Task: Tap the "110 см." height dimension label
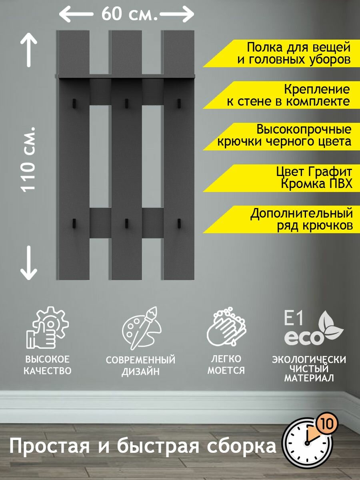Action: [x=29, y=159]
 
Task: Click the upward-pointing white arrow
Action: [x=29, y=50]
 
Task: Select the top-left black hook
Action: [x=74, y=103]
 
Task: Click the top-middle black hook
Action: [x=126, y=103]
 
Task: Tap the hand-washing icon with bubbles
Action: [x=226, y=328]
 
